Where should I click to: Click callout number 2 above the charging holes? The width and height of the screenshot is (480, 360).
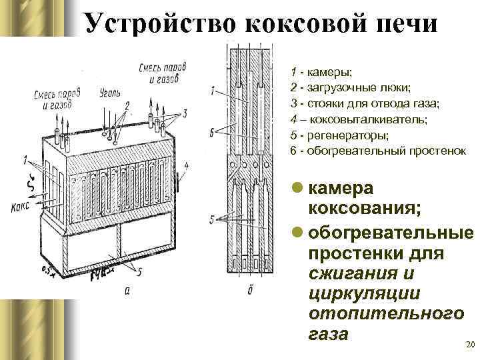[126, 105]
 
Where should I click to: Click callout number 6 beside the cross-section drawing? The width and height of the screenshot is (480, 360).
[211, 133]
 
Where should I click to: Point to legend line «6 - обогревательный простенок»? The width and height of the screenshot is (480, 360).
[378, 151]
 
